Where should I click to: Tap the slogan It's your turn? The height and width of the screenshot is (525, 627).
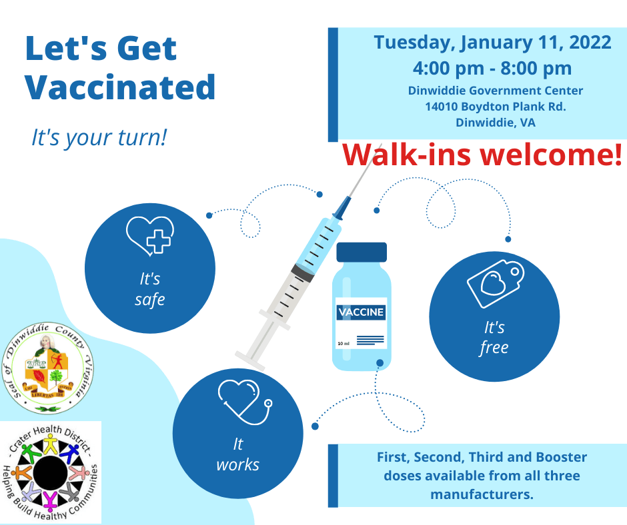(x=99, y=137)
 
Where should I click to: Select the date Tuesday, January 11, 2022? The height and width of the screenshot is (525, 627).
(x=492, y=43)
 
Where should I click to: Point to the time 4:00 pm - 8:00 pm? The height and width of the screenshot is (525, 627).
(x=492, y=68)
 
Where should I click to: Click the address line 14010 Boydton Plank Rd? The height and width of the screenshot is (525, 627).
(x=495, y=107)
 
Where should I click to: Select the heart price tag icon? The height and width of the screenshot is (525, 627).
(x=494, y=282)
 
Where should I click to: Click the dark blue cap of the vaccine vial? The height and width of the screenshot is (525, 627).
(x=362, y=252)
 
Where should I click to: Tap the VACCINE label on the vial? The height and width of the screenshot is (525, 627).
(x=362, y=312)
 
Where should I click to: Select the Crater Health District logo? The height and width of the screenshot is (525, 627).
(x=51, y=472)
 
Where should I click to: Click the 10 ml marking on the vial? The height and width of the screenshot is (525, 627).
(x=344, y=343)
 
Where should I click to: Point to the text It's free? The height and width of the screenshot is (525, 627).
(x=494, y=338)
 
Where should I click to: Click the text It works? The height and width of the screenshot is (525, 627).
(x=237, y=454)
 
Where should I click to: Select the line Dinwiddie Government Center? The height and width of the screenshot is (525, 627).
(x=495, y=91)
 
